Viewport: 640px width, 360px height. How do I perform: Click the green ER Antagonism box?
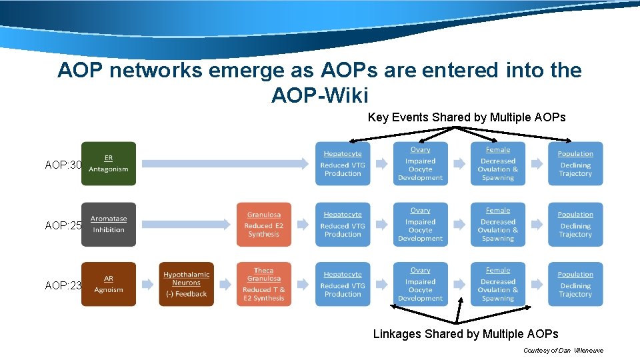[x=109, y=164]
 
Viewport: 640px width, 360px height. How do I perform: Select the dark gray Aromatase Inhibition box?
[x=109, y=225]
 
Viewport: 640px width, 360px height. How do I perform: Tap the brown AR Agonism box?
[x=109, y=285]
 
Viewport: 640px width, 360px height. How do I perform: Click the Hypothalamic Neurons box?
[x=186, y=285]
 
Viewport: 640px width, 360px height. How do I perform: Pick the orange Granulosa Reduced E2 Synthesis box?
[x=264, y=225]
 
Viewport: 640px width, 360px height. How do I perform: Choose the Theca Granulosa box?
[x=264, y=285]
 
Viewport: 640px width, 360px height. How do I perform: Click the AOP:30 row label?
[x=63, y=165]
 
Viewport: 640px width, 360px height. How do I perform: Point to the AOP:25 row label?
[x=63, y=226]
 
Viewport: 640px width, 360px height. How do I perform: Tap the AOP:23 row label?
[x=63, y=285]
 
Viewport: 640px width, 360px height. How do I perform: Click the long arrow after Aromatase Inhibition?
[x=187, y=225]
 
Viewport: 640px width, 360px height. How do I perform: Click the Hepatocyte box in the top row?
[x=343, y=164]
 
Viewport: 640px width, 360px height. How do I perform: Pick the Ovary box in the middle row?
[x=420, y=225]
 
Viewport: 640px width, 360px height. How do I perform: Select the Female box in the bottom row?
[x=498, y=285]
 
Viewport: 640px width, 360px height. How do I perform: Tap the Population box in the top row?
[x=575, y=164]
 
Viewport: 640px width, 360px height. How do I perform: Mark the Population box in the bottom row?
[x=575, y=285]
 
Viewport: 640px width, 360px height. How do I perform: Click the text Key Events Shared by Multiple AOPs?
[x=467, y=117]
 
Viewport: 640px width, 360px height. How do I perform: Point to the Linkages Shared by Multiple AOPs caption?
[x=465, y=334]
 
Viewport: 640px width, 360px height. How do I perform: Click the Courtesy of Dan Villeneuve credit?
[x=563, y=351]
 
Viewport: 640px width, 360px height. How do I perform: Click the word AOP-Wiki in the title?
[x=319, y=95]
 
